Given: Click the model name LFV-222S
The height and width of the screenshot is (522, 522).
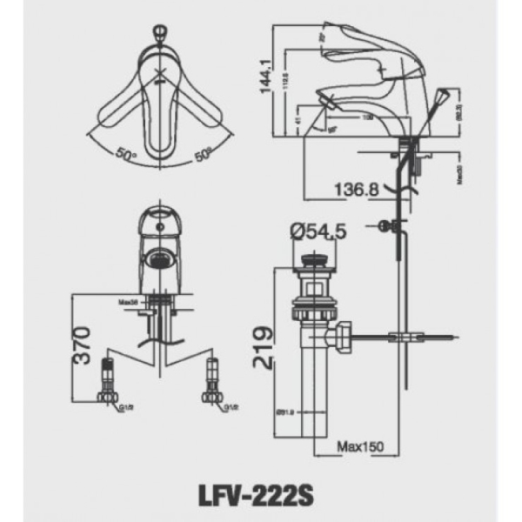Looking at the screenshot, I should (261, 497).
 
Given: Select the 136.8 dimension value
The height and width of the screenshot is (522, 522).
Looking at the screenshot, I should (356, 189).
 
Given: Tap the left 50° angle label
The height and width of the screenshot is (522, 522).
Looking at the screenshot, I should (127, 156).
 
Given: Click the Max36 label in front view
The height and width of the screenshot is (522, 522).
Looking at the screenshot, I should (130, 303).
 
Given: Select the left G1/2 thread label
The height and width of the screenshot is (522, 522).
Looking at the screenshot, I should (126, 406).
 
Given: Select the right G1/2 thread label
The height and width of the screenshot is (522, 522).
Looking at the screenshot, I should (231, 406).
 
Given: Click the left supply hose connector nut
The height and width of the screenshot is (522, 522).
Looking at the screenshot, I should (109, 396).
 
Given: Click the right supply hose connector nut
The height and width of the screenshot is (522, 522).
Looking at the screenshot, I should (212, 396).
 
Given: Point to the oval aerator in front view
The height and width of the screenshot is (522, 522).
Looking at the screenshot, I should (159, 258).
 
